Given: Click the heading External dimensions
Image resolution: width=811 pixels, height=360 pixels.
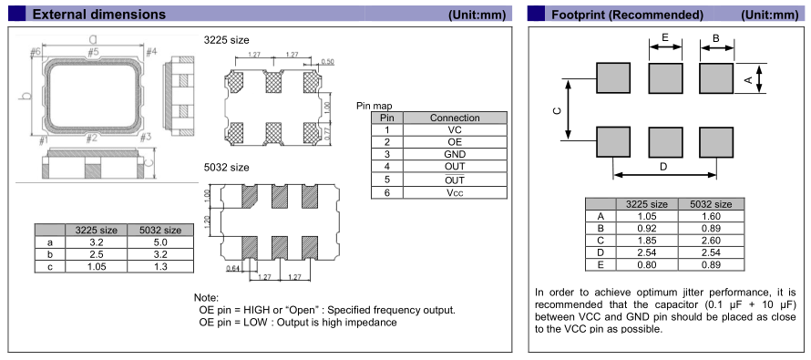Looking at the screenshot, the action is pos(99,15).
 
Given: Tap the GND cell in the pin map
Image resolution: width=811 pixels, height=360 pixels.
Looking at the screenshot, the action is pos(455,154).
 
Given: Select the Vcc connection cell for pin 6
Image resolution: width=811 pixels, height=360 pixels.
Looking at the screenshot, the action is pos(455,192).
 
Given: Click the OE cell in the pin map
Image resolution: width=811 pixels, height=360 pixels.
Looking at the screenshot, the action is pos(455,142).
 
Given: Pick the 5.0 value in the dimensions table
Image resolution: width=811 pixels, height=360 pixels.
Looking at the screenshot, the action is pos(160,242).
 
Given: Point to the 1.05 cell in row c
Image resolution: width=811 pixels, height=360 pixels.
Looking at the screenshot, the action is pos(97,266).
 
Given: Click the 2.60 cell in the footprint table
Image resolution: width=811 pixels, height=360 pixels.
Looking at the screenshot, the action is pos(711,241).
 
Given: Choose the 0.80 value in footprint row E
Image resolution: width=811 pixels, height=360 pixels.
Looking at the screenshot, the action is pos(647,265).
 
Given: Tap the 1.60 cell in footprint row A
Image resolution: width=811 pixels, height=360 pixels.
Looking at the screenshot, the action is pos(711,216).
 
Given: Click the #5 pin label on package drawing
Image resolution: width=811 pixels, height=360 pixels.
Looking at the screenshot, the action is pos(93,52).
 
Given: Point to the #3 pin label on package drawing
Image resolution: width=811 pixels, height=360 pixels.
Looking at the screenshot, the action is pos(145,137).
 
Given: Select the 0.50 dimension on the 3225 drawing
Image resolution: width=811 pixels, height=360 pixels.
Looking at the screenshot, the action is pos(327,62).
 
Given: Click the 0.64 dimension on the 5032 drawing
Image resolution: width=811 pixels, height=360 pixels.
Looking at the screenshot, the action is pos(232,268).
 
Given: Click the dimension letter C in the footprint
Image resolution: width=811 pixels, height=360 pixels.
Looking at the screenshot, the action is pos(557,110).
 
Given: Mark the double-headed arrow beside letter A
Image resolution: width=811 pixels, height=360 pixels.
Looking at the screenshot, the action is pos(759,78).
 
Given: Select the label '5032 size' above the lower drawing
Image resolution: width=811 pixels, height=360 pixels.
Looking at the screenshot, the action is pos(227,168).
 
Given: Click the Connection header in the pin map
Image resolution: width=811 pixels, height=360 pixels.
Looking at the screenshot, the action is pos(455,118).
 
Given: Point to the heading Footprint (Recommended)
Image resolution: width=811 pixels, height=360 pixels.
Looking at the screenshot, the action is pos(628,15).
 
